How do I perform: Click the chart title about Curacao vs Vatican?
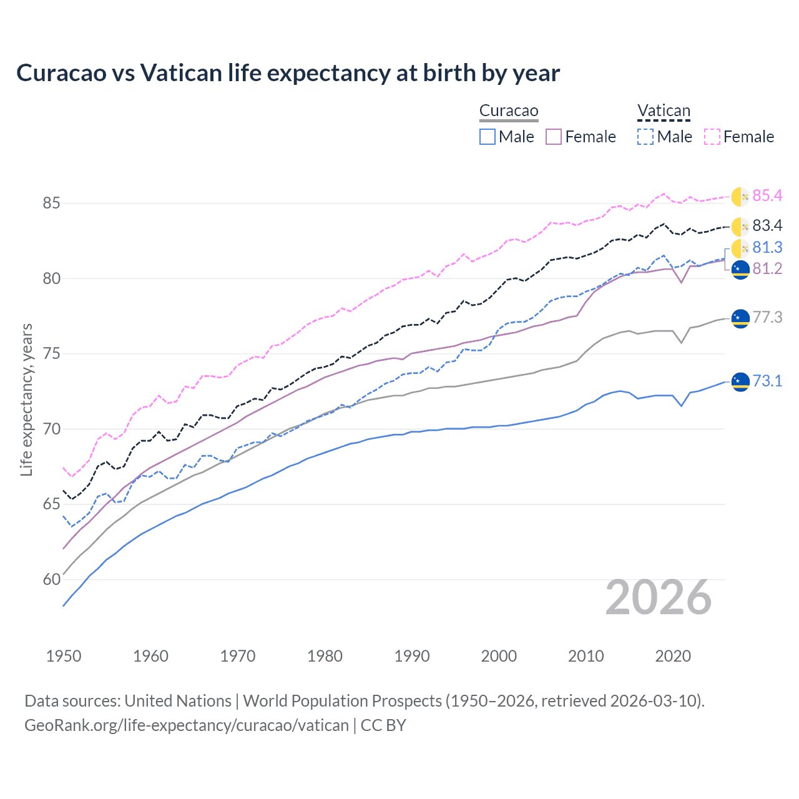click(288, 73)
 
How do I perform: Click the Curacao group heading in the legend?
click(508, 111)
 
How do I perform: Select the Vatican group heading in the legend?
click(664, 111)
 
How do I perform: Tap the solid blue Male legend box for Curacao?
click(488, 137)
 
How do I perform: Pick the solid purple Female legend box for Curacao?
click(554, 137)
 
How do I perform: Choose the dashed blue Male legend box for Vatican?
click(645, 137)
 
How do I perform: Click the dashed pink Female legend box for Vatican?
click(712, 137)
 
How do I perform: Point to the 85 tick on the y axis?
click(52, 203)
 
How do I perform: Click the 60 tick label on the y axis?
click(52, 579)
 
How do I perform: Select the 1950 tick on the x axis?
click(64, 656)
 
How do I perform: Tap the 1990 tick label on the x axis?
click(412, 656)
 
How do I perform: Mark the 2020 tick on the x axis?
click(673, 656)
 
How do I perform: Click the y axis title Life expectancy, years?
click(26, 399)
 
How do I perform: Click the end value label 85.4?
click(767, 196)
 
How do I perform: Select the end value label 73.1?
click(767, 381)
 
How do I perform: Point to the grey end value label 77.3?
click(767, 317)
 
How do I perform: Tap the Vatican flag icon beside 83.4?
click(740, 226)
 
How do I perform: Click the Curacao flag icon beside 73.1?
click(740, 381)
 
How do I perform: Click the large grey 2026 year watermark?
click(658, 597)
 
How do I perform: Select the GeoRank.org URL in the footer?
click(187, 725)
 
